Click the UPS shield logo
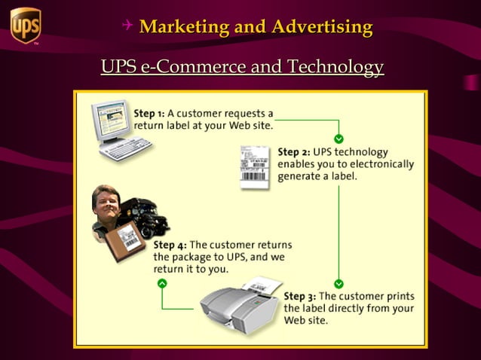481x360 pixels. pos(25,26)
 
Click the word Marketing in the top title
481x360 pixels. pos(183,28)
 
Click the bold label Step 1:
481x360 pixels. pos(149,113)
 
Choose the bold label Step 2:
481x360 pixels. pos(294,151)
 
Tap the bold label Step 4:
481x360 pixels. pos(170,245)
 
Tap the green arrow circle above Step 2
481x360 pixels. pos(339,139)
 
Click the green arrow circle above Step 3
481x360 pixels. pos(339,284)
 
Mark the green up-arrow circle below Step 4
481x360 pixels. pos(162,283)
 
